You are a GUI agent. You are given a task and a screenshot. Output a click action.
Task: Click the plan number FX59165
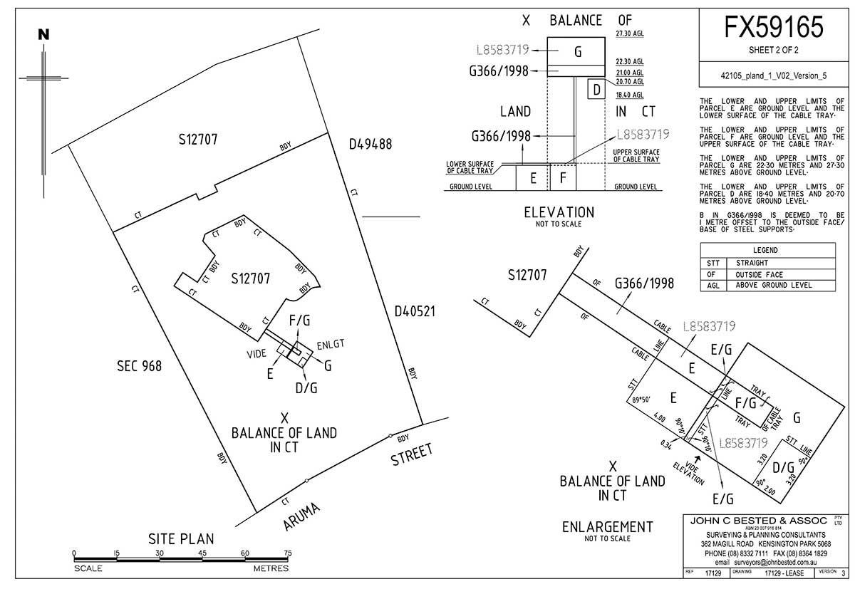[x=774, y=28]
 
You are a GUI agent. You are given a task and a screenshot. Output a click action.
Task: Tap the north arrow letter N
[x=44, y=33]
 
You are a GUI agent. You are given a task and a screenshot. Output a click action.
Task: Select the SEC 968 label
[x=139, y=366]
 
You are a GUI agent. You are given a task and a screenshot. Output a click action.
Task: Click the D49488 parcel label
[x=370, y=145]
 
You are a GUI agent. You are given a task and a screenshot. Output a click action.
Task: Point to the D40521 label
[x=415, y=311]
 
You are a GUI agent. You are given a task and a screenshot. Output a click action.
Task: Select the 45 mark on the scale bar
[x=202, y=553]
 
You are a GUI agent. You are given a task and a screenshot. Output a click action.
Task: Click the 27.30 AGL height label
[x=629, y=33]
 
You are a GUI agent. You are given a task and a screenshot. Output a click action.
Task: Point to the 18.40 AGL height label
[x=629, y=95]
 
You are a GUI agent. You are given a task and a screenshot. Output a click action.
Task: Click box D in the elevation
[x=597, y=90]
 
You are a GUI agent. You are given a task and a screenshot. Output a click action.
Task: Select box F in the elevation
[x=563, y=179]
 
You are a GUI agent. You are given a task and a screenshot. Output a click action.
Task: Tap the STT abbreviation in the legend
[x=710, y=263]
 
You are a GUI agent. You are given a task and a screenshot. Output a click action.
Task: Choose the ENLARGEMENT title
[x=607, y=527]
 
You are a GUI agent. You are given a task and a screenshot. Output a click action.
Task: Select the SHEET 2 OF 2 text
[x=774, y=51]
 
